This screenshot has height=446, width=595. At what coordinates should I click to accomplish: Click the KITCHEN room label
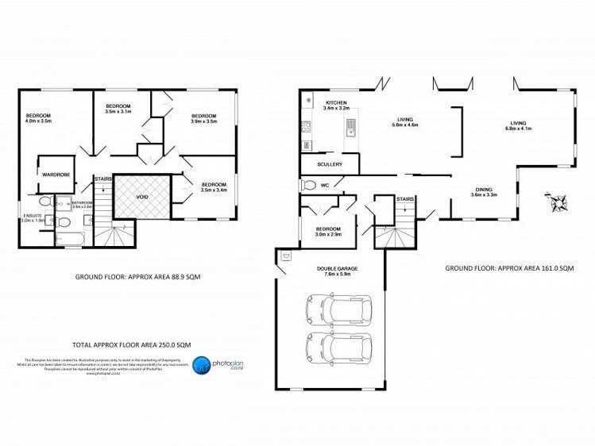[x=336, y=103]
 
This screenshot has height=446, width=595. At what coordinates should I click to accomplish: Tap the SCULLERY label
[x=329, y=164]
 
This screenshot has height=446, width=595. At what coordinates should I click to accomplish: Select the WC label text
[x=326, y=186]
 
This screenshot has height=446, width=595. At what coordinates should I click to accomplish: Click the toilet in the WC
[x=309, y=186]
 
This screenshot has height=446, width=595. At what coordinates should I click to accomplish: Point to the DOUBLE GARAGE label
[x=337, y=268]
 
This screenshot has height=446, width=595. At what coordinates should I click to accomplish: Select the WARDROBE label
[x=55, y=174]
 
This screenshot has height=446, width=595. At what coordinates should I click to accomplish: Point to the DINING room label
[x=484, y=189]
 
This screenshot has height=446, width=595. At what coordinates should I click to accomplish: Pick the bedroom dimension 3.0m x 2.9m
[x=327, y=235]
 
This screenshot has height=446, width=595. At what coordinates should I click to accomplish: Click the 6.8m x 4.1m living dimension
[x=519, y=129]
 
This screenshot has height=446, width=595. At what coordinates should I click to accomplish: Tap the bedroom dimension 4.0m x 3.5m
[x=38, y=121]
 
